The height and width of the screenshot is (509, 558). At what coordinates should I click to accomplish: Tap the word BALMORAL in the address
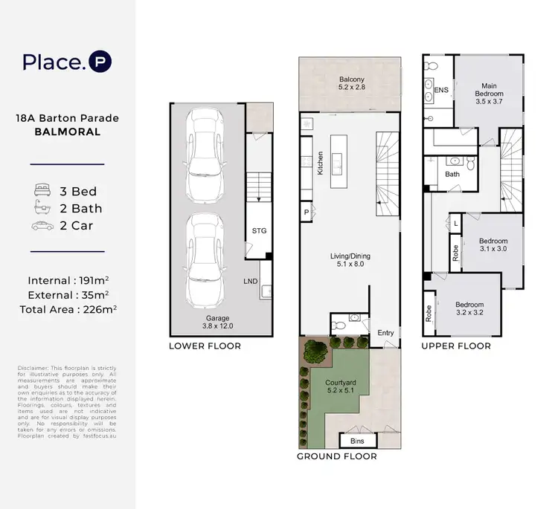point(66,132)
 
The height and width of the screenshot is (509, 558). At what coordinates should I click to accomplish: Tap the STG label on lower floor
point(258,231)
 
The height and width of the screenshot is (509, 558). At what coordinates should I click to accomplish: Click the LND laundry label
point(251,281)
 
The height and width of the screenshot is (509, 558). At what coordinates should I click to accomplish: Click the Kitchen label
point(321,162)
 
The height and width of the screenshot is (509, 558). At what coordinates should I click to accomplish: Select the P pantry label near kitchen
point(306,212)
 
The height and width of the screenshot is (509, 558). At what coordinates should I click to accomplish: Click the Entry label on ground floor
point(385,332)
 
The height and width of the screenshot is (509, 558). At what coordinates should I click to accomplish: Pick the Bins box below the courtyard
point(357,441)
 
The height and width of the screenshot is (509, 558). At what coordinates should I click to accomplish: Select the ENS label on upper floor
point(440,90)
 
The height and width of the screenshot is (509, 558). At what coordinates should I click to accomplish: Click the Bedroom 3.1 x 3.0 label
point(493,245)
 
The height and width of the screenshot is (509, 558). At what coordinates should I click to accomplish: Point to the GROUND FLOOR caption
point(336,456)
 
